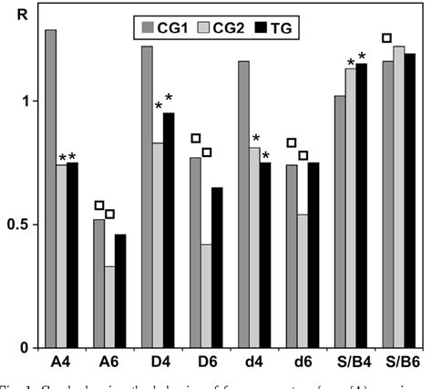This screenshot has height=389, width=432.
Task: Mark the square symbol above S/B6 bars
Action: click(386, 38)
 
